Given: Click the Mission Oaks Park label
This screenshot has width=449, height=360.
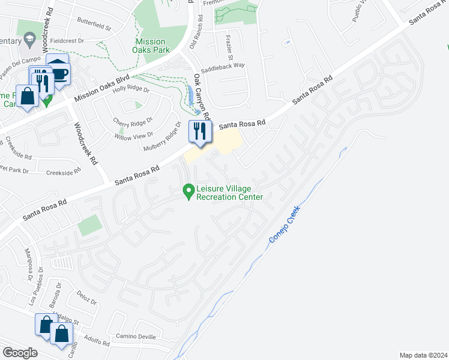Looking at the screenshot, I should point(150,46).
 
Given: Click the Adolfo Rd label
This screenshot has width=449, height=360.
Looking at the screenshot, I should point(97,340).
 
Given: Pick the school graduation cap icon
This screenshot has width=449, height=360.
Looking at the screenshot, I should point(28,40).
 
